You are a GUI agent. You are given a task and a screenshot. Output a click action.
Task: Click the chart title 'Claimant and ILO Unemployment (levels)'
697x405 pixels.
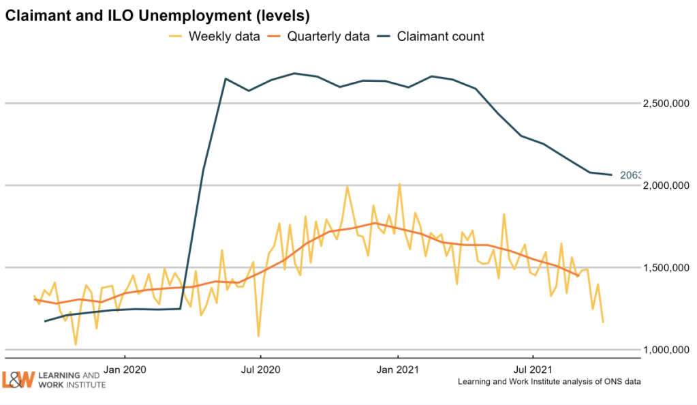pos(146,14)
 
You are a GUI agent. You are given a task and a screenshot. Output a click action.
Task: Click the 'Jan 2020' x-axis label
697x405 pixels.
pos(125,370)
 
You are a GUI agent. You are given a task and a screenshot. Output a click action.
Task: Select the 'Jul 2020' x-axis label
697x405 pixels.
pos(261,370)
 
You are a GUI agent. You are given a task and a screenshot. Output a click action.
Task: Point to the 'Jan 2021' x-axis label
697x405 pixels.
pos(398,370)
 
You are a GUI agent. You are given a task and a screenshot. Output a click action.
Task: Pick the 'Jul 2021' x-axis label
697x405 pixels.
pos(533,370)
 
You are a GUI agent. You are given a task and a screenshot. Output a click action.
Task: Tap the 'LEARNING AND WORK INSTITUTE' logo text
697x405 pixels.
pos(70,380)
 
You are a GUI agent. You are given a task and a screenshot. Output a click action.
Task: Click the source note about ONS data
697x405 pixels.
pos(549,382)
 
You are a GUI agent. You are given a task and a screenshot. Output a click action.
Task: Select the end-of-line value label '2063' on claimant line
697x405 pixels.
pos(630,175)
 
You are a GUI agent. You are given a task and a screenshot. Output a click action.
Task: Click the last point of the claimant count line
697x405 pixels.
pos(612,175)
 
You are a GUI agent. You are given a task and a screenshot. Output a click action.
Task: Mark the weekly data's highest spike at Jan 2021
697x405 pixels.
pos(399,183)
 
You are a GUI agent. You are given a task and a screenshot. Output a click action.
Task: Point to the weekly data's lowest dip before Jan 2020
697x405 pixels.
pos(75,344)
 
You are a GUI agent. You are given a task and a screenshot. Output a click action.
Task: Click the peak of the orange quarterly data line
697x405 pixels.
pos(374,223)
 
